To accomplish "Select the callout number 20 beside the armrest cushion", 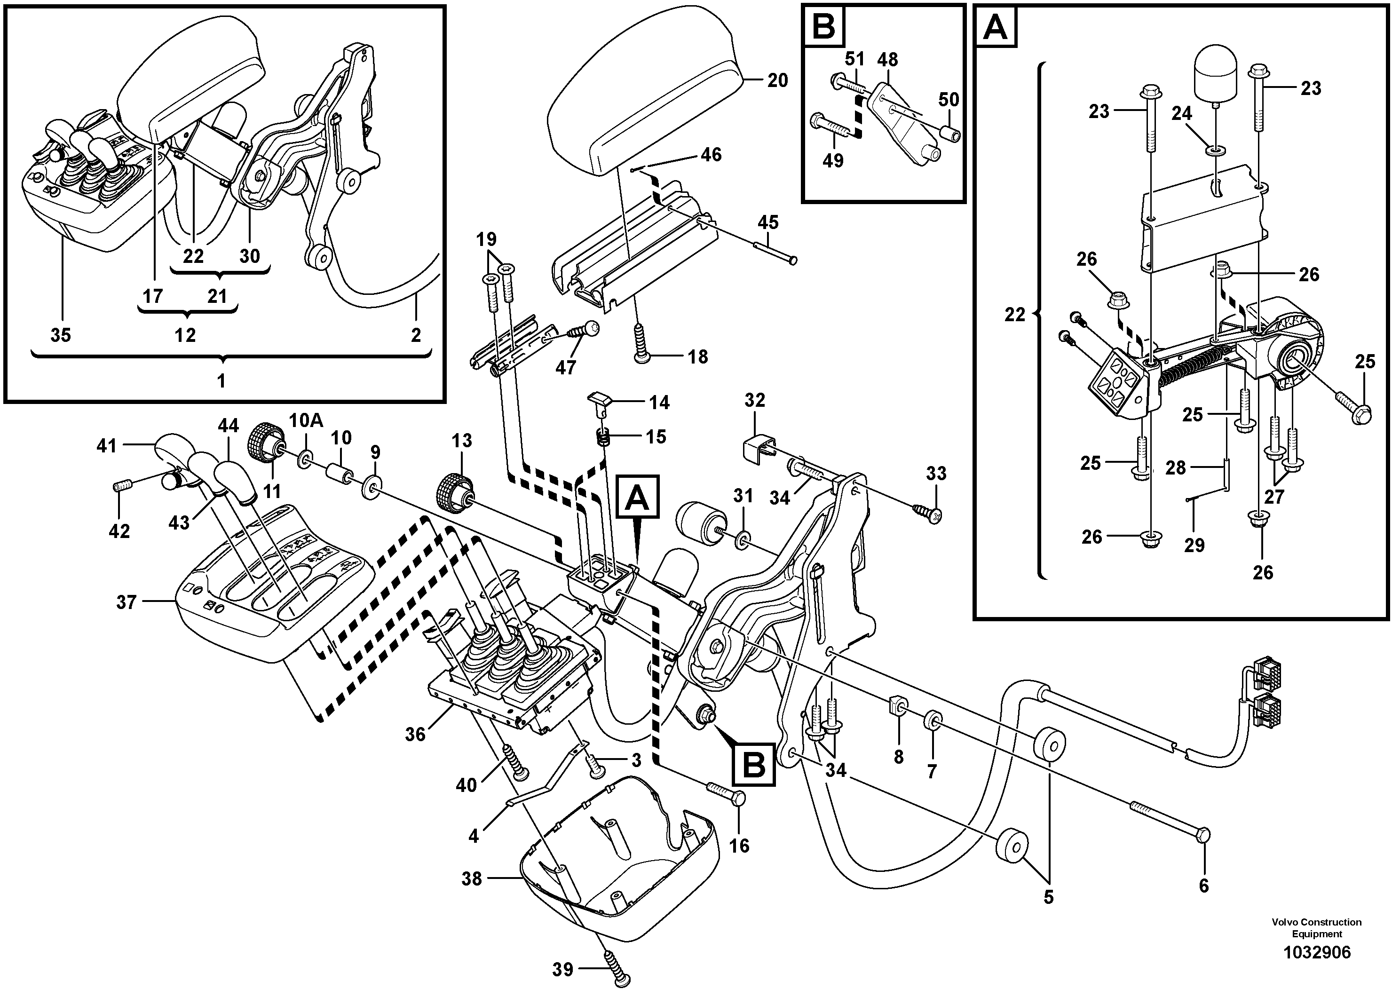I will pyautogui.click(x=777, y=80).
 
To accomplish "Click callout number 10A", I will pyautogui.click(x=306, y=421).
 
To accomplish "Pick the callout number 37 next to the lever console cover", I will pyautogui.click(x=126, y=602).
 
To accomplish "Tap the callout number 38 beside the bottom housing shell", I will pyautogui.click(x=471, y=878).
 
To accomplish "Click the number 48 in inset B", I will pyautogui.click(x=887, y=60).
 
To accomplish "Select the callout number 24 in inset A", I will pyautogui.click(x=1181, y=113).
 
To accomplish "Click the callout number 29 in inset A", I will pyautogui.click(x=1194, y=545).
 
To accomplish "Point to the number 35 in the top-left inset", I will pyautogui.click(x=60, y=335).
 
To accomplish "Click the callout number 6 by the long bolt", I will pyautogui.click(x=1203, y=886).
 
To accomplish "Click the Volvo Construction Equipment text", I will pyautogui.click(x=1316, y=927).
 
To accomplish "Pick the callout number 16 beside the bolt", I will pyautogui.click(x=739, y=845).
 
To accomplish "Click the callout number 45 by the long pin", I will pyautogui.click(x=767, y=222).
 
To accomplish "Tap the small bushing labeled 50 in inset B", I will pyautogui.click(x=949, y=133).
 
